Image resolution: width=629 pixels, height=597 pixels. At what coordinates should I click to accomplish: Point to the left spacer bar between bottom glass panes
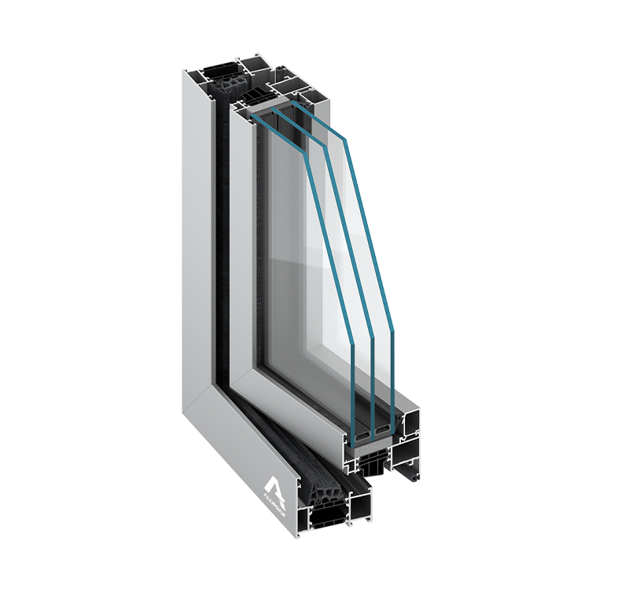362,434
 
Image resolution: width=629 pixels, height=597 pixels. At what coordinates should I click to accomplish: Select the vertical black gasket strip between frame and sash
221,236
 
